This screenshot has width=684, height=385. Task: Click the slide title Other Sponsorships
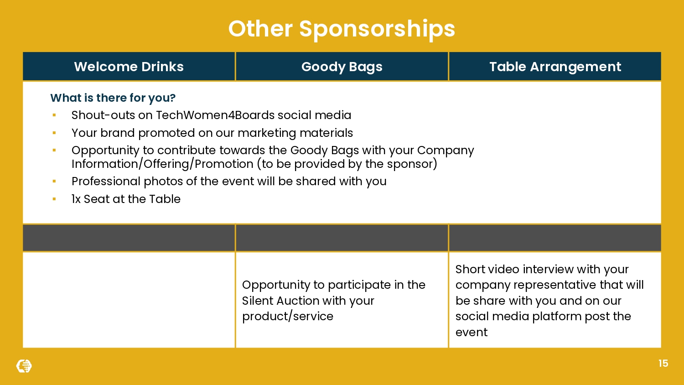click(x=342, y=29)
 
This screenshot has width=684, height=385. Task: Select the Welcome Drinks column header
click(x=129, y=67)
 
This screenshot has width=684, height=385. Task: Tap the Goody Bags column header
click(x=342, y=67)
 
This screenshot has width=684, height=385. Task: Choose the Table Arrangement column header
click(x=555, y=67)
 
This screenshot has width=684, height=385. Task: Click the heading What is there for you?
click(x=113, y=98)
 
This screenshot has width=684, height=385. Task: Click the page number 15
click(x=663, y=364)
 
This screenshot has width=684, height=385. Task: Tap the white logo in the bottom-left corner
click(x=24, y=366)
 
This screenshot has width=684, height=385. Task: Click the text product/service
click(x=287, y=317)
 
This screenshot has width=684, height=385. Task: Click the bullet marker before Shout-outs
click(x=54, y=115)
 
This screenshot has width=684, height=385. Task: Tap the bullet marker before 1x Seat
click(x=54, y=199)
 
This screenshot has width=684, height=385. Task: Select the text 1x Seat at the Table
click(x=126, y=199)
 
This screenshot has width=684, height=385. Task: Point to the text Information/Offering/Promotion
click(x=162, y=164)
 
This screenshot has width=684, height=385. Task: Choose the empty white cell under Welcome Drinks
click(x=129, y=300)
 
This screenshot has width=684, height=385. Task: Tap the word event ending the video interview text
click(x=471, y=333)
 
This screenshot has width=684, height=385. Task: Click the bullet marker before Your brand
click(x=54, y=133)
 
